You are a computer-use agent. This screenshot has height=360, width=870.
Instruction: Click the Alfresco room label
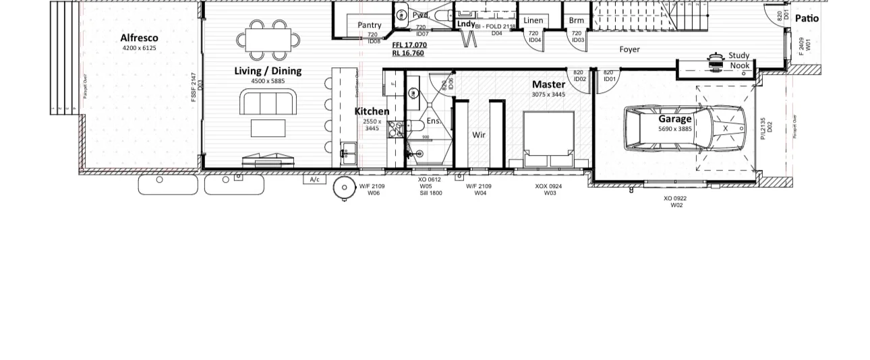pyautogui.click(x=139, y=38)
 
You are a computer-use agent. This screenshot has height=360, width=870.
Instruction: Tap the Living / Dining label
pyautogui.click(x=268, y=71)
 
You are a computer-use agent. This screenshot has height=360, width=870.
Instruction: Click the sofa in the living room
pyautogui.click(x=268, y=103)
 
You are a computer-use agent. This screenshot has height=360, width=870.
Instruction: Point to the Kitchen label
pyautogui.click(x=372, y=111)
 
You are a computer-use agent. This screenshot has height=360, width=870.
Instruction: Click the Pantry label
pyautogui.click(x=369, y=25)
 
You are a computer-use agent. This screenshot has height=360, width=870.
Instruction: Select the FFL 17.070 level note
pyautogui.click(x=409, y=45)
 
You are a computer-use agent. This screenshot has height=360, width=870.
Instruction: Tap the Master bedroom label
pyautogui.click(x=548, y=84)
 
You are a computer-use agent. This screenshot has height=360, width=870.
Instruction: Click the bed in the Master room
pyautogui.click(x=548, y=138)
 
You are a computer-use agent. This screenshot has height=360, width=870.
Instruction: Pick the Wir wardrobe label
pyautogui.click(x=479, y=135)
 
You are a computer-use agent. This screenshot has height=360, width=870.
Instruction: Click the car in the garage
pyautogui.click(x=685, y=127)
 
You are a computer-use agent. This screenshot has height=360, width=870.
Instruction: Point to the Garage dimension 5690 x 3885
pyautogui.click(x=675, y=128)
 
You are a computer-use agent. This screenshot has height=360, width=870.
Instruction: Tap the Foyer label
pyautogui.click(x=629, y=49)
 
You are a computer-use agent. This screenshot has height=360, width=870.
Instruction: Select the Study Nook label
pyautogui.click(x=739, y=61)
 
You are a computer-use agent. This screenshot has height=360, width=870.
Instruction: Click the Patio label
pyautogui.click(x=807, y=18)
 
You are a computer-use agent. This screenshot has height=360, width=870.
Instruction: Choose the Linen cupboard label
pyautogui.click(x=533, y=20)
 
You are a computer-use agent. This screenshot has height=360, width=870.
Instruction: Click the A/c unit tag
pyautogui.click(x=314, y=179)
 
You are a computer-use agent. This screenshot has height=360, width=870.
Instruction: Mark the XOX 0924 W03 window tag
pyautogui.click(x=548, y=189)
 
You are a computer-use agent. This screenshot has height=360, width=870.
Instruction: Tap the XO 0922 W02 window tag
pyautogui.click(x=675, y=202)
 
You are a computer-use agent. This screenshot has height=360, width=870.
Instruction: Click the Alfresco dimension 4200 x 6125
pyautogui.click(x=139, y=48)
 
